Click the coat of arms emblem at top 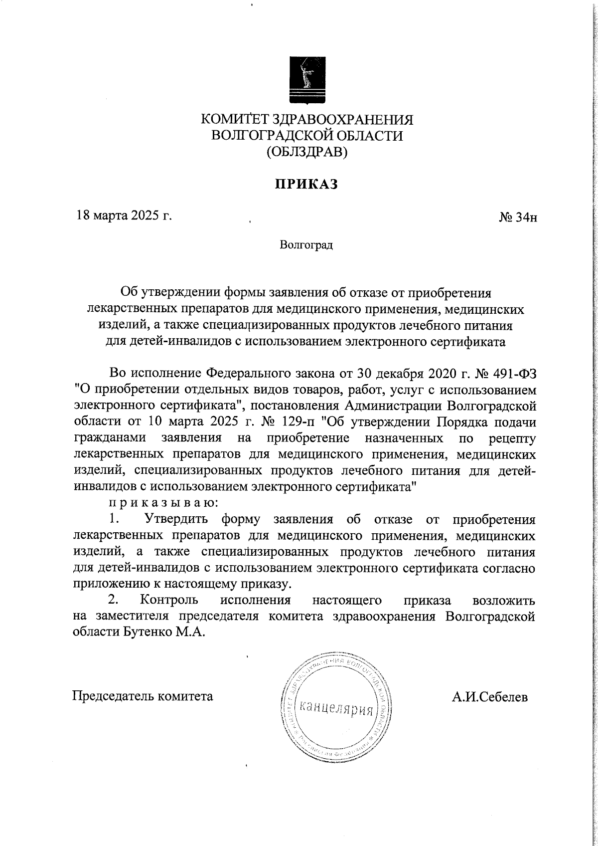307,80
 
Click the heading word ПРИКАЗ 307,184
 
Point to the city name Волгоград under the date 306,245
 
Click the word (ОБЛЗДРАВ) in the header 307,151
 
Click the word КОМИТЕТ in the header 234,120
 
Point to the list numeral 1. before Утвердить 115,519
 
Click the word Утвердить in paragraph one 176,519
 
